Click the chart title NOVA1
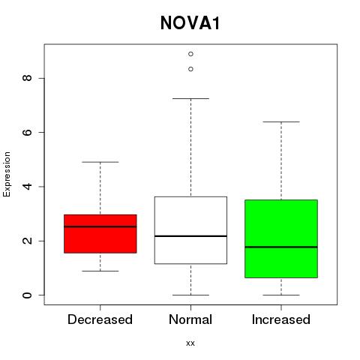190,23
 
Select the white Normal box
190,230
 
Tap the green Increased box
281,238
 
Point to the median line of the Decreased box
100,226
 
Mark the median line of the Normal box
190,236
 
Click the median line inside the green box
281,247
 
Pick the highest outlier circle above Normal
190,54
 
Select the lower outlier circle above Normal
190,69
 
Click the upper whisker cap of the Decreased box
100,162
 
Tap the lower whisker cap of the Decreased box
100,271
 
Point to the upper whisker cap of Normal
190,98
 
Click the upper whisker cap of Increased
281,121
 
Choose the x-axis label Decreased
100,319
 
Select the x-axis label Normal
190,319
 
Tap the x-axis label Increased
281,319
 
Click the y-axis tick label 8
27,78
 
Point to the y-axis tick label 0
27,295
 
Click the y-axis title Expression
7,174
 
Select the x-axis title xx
190,343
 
